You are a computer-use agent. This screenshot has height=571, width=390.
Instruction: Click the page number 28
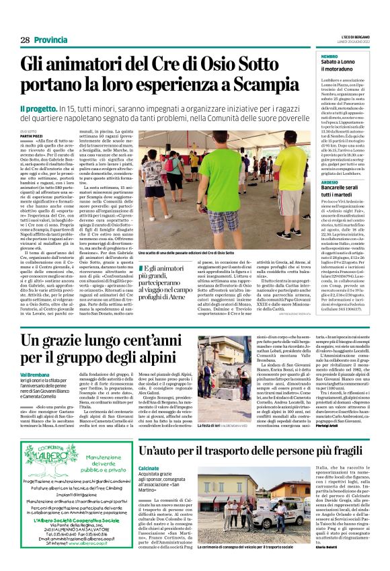coord(25,40)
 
